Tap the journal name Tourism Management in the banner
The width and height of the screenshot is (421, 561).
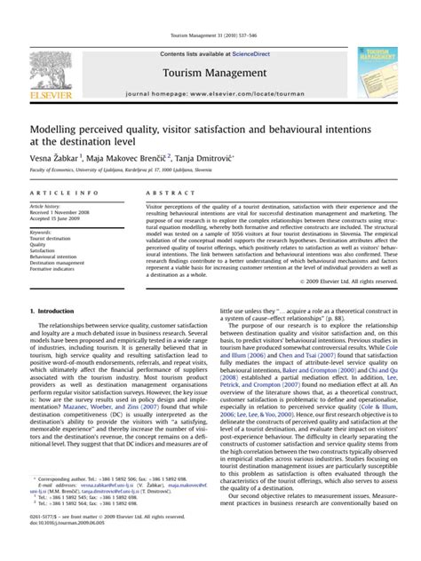point(211,70)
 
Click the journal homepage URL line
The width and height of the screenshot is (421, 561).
point(211,91)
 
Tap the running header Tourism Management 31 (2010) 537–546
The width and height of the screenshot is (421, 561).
point(210,35)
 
